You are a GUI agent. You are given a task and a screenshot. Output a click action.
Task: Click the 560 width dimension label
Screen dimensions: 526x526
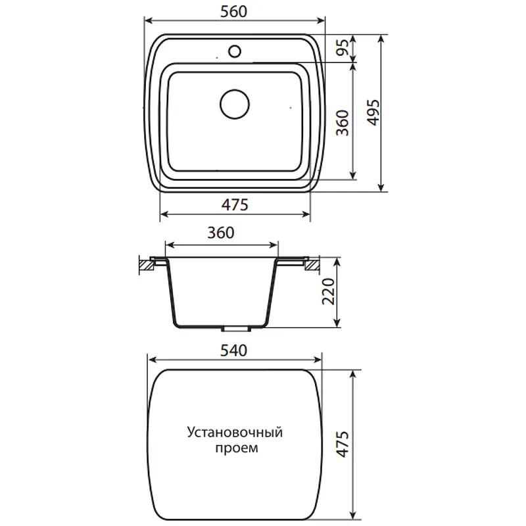coord(234,12)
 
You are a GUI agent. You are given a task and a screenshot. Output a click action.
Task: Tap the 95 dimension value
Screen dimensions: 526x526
coord(343,48)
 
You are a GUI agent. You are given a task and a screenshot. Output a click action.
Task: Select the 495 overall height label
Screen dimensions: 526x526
coord(373,112)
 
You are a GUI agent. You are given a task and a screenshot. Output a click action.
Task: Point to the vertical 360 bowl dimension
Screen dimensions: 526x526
coord(342,123)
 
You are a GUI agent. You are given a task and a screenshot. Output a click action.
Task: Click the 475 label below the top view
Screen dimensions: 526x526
coord(235,204)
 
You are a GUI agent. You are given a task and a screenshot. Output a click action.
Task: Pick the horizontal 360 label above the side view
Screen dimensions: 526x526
coord(221,233)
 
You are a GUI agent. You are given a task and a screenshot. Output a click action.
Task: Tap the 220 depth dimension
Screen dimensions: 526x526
coord(328,291)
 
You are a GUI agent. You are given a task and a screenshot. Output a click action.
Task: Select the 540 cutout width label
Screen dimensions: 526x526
coord(234,350)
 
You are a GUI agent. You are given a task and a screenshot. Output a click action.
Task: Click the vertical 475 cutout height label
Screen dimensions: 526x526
coord(342,444)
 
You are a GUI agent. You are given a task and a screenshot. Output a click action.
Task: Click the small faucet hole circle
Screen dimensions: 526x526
coord(235,51)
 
